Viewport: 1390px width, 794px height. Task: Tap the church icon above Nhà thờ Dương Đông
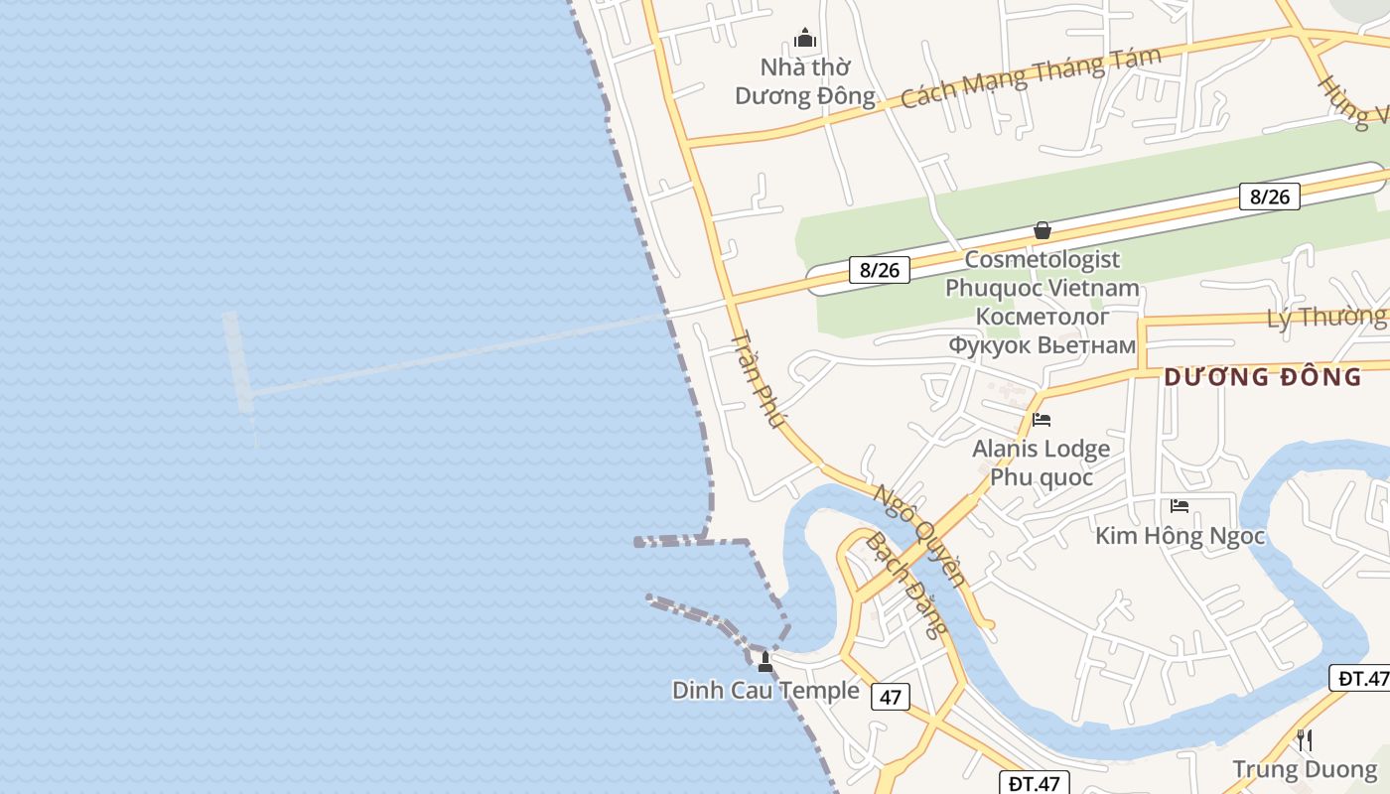coord(805,39)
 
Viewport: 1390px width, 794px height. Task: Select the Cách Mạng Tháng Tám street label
coord(1031,77)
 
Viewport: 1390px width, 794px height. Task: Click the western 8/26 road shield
coord(880,269)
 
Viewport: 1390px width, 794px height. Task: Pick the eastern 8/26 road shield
coord(1270,197)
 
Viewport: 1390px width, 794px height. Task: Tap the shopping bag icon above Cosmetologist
coord(1042,230)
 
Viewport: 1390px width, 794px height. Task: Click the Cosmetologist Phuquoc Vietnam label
coord(1042,274)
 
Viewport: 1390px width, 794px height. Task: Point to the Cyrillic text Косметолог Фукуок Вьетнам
coord(1042,331)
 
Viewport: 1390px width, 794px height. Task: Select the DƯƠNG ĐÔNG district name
coord(1263,377)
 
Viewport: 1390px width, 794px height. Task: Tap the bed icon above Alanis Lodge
coord(1042,420)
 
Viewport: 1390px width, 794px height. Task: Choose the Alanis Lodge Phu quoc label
coord(1042,463)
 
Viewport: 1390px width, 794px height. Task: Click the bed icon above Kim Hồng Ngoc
coord(1180,506)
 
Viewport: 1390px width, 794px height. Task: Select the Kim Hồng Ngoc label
coord(1180,536)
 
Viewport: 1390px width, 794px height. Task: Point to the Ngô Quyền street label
coord(918,534)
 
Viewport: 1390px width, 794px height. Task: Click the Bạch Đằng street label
coord(906,584)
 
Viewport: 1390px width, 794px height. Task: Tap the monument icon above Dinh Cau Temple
coord(765,661)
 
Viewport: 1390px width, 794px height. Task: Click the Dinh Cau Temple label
coord(765,691)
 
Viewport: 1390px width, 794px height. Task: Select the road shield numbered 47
coord(891,697)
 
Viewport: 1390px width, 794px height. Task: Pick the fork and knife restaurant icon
coord(1305,739)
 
